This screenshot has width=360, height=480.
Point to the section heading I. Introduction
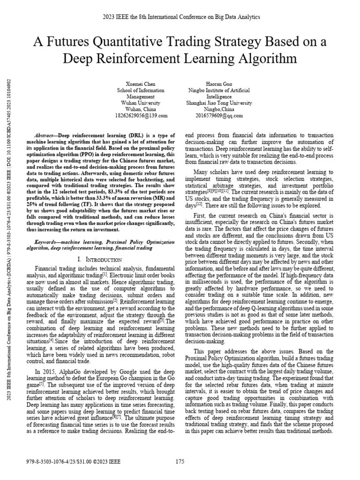tap(100, 259)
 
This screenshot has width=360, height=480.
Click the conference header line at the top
tap(180, 17)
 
